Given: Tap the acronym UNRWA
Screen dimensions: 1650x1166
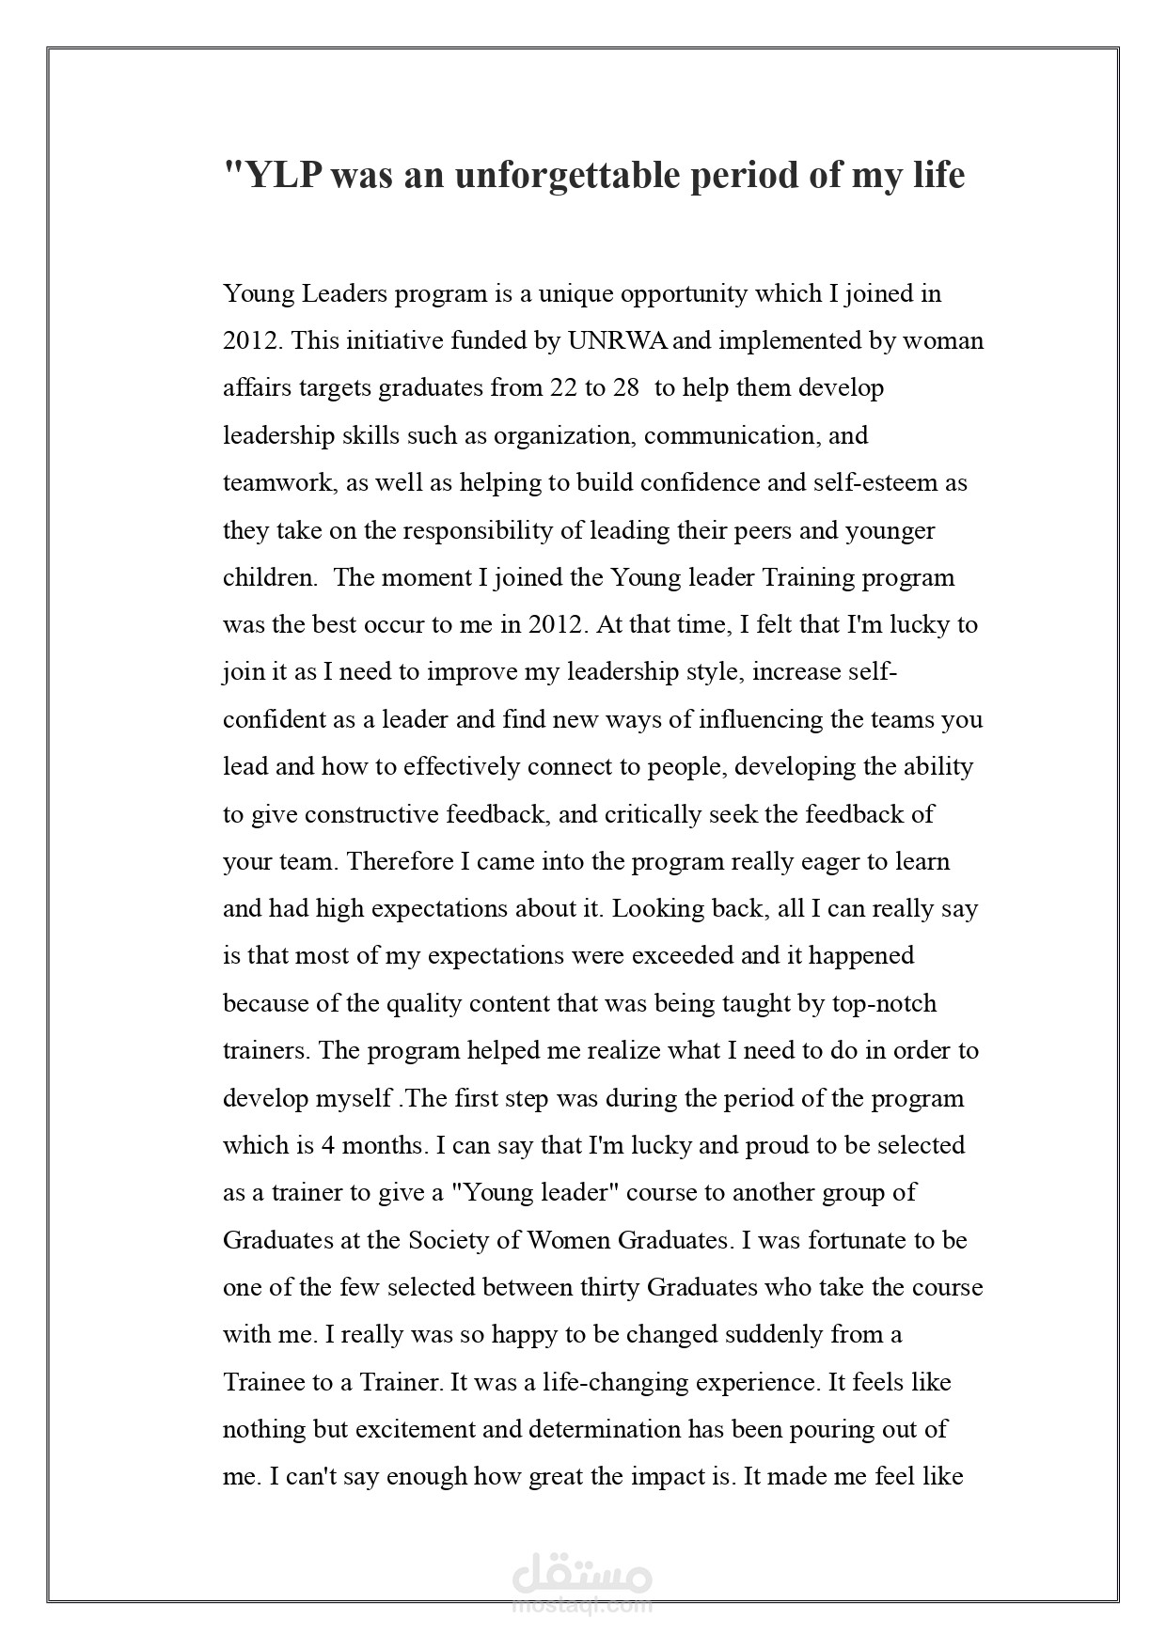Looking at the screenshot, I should point(618,340).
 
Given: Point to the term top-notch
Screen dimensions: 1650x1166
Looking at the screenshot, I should point(884,1003).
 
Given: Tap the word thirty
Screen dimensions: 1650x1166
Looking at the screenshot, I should point(607,1287).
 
